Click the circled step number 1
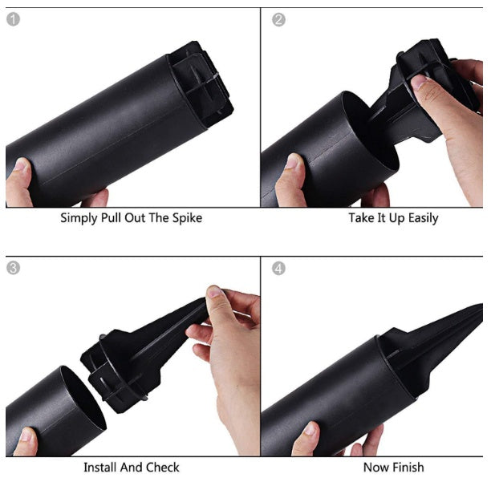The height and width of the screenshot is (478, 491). pos(13,19)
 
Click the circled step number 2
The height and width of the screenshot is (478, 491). pos(278,20)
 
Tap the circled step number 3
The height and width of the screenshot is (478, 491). pos(13,268)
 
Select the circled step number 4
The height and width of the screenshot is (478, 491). pos(278,268)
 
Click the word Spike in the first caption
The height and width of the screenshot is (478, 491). pos(187,218)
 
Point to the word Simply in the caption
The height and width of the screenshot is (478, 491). pos(79,218)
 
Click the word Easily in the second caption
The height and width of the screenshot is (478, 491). pos(424,218)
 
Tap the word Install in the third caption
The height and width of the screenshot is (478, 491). pos(100,467)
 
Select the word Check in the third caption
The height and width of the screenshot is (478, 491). pos(163,467)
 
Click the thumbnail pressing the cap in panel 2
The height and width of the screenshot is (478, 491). pos(419,82)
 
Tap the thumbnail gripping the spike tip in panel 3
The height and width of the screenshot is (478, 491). pos(215,291)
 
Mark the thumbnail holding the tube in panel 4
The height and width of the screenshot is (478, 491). pos(310,428)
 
